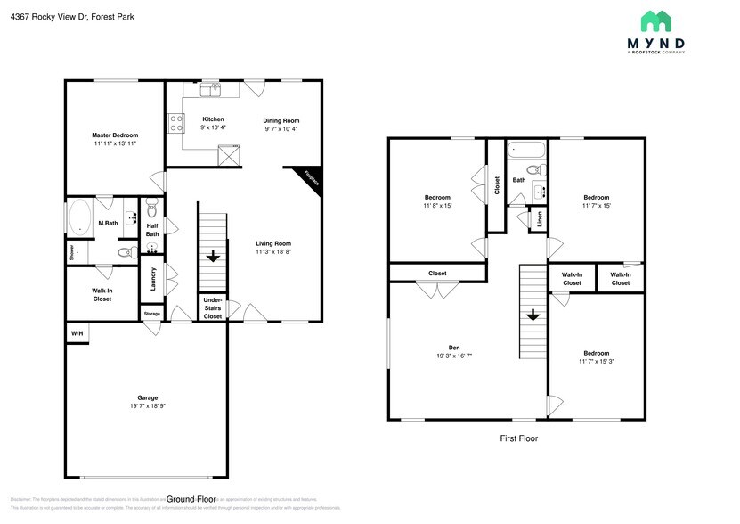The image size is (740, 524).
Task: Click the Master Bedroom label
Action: pyautogui.click(x=115, y=135)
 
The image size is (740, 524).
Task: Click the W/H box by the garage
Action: pyautogui.click(x=76, y=333)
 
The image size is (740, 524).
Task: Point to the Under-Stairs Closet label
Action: pyautogui.click(x=213, y=307)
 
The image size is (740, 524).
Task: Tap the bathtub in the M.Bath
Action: pyautogui.click(x=80, y=217)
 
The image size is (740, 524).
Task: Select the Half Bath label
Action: pyautogui.click(x=152, y=230)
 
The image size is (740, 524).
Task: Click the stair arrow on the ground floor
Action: pyautogui.click(x=213, y=257)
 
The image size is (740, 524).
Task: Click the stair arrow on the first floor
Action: pyautogui.click(x=532, y=315)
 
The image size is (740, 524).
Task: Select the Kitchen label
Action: pyautogui.click(x=213, y=119)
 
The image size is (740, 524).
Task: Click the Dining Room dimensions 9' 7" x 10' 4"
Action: pyautogui.click(x=281, y=129)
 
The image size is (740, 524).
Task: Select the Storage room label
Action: pyautogui.click(x=152, y=313)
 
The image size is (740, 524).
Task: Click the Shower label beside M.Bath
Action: pyautogui.click(x=71, y=253)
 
